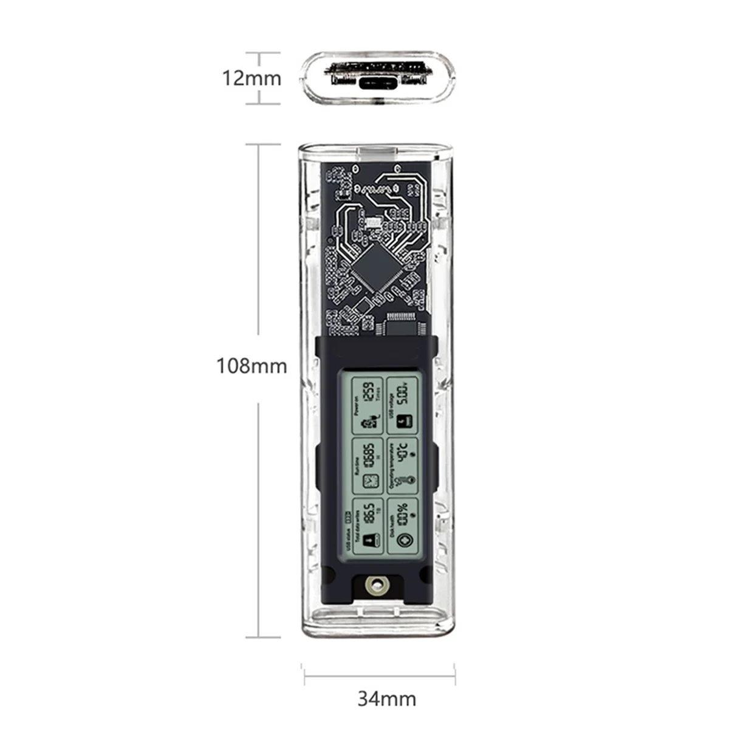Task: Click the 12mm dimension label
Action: coord(252,78)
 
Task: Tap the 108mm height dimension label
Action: coord(252,366)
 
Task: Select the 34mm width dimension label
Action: coord(386,699)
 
